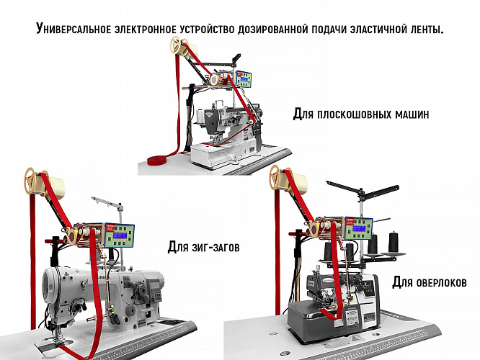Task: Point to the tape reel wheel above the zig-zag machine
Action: click(x=32, y=181)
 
